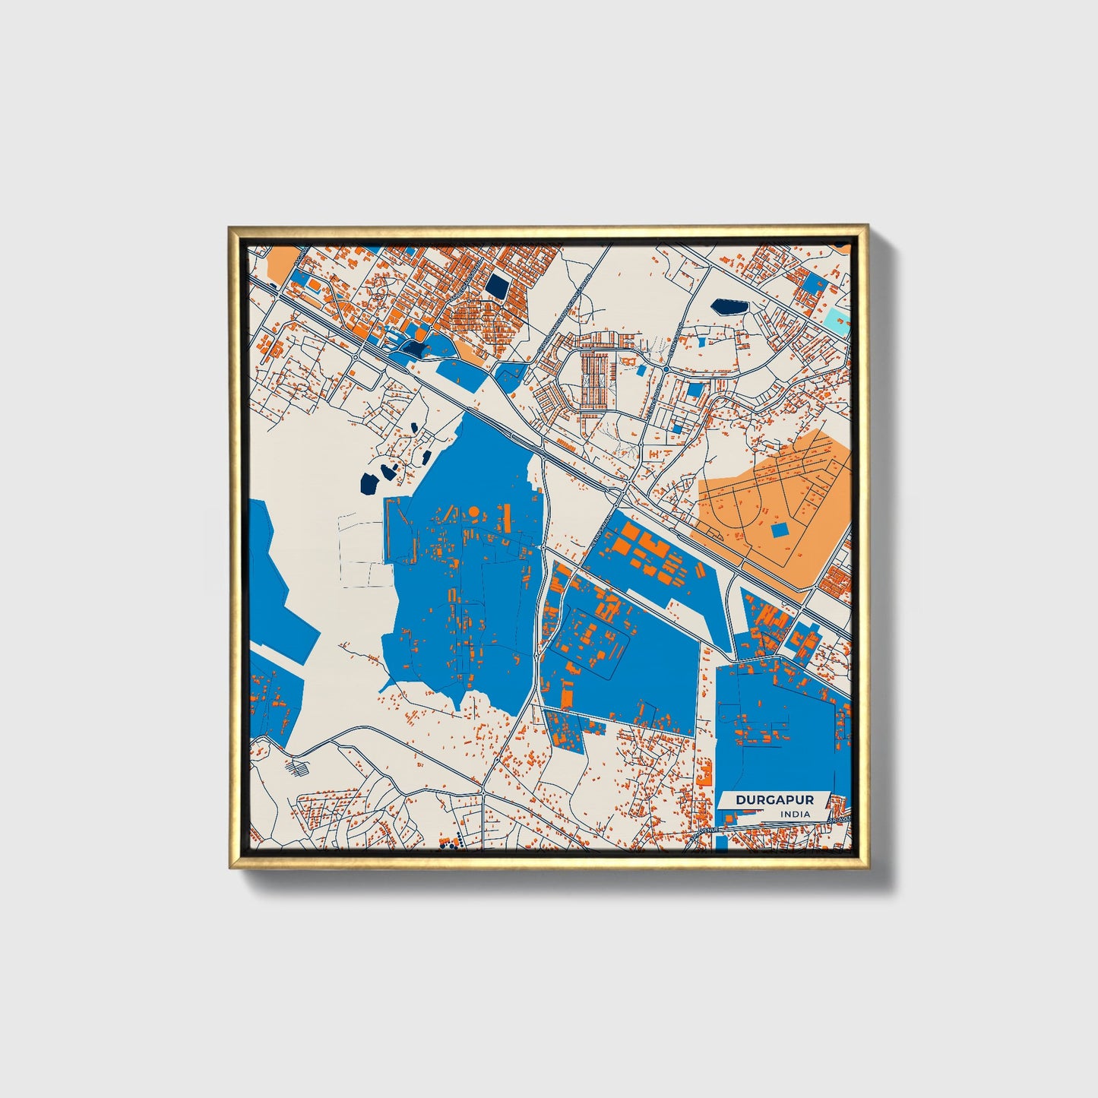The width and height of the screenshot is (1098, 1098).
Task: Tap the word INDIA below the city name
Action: pos(794,814)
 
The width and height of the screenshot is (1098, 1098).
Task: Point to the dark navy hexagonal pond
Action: pos(729,307)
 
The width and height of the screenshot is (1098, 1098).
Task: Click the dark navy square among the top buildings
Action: pos(498,286)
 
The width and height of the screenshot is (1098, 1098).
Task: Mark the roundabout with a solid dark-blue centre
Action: pos(666,369)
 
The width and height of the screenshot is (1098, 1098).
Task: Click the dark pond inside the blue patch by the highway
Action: pos(415,349)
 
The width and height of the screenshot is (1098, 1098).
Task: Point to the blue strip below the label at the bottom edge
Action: pos(722,843)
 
